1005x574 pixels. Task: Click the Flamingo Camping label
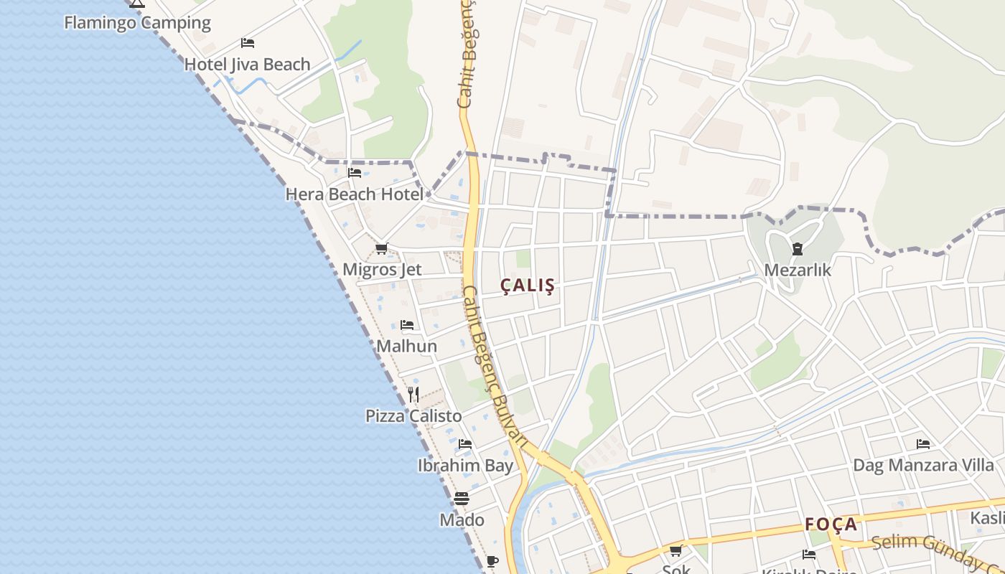pyautogui.click(x=137, y=22)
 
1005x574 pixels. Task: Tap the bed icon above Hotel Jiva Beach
pyautogui.click(x=248, y=43)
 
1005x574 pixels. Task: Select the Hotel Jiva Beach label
pyautogui.click(x=247, y=65)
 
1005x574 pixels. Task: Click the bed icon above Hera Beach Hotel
pyautogui.click(x=355, y=173)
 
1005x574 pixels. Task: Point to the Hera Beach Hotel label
pyautogui.click(x=355, y=194)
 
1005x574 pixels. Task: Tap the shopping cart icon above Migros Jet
pyautogui.click(x=382, y=249)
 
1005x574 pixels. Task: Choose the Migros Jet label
pyautogui.click(x=382, y=270)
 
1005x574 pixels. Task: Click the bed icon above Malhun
pyautogui.click(x=407, y=325)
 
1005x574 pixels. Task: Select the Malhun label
pyautogui.click(x=407, y=346)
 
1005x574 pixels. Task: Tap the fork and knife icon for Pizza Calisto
pyautogui.click(x=413, y=395)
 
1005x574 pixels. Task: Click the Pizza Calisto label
pyautogui.click(x=413, y=416)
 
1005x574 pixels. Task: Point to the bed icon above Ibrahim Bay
pyautogui.click(x=465, y=444)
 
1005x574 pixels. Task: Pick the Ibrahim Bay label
pyautogui.click(x=465, y=466)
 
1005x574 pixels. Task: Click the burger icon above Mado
pyautogui.click(x=462, y=499)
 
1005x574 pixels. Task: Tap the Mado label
pyautogui.click(x=462, y=519)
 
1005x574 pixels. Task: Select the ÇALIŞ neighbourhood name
pyautogui.click(x=528, y=286)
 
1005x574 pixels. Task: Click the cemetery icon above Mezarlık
pyautogui.click(x=797, y=249)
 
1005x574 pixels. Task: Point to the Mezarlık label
pyautogui.click(x=798, y=270)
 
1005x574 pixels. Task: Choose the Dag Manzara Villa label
pyautogui.click(x=923, y=465)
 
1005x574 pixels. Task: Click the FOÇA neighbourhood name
pyautogui.click(x=831, y=524)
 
